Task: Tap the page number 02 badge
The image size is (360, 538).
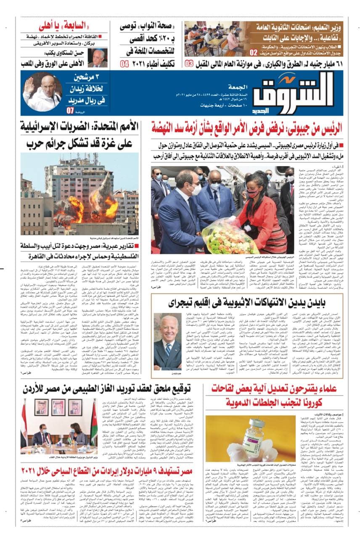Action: click(254, 53)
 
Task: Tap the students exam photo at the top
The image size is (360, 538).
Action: click(218, 37)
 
